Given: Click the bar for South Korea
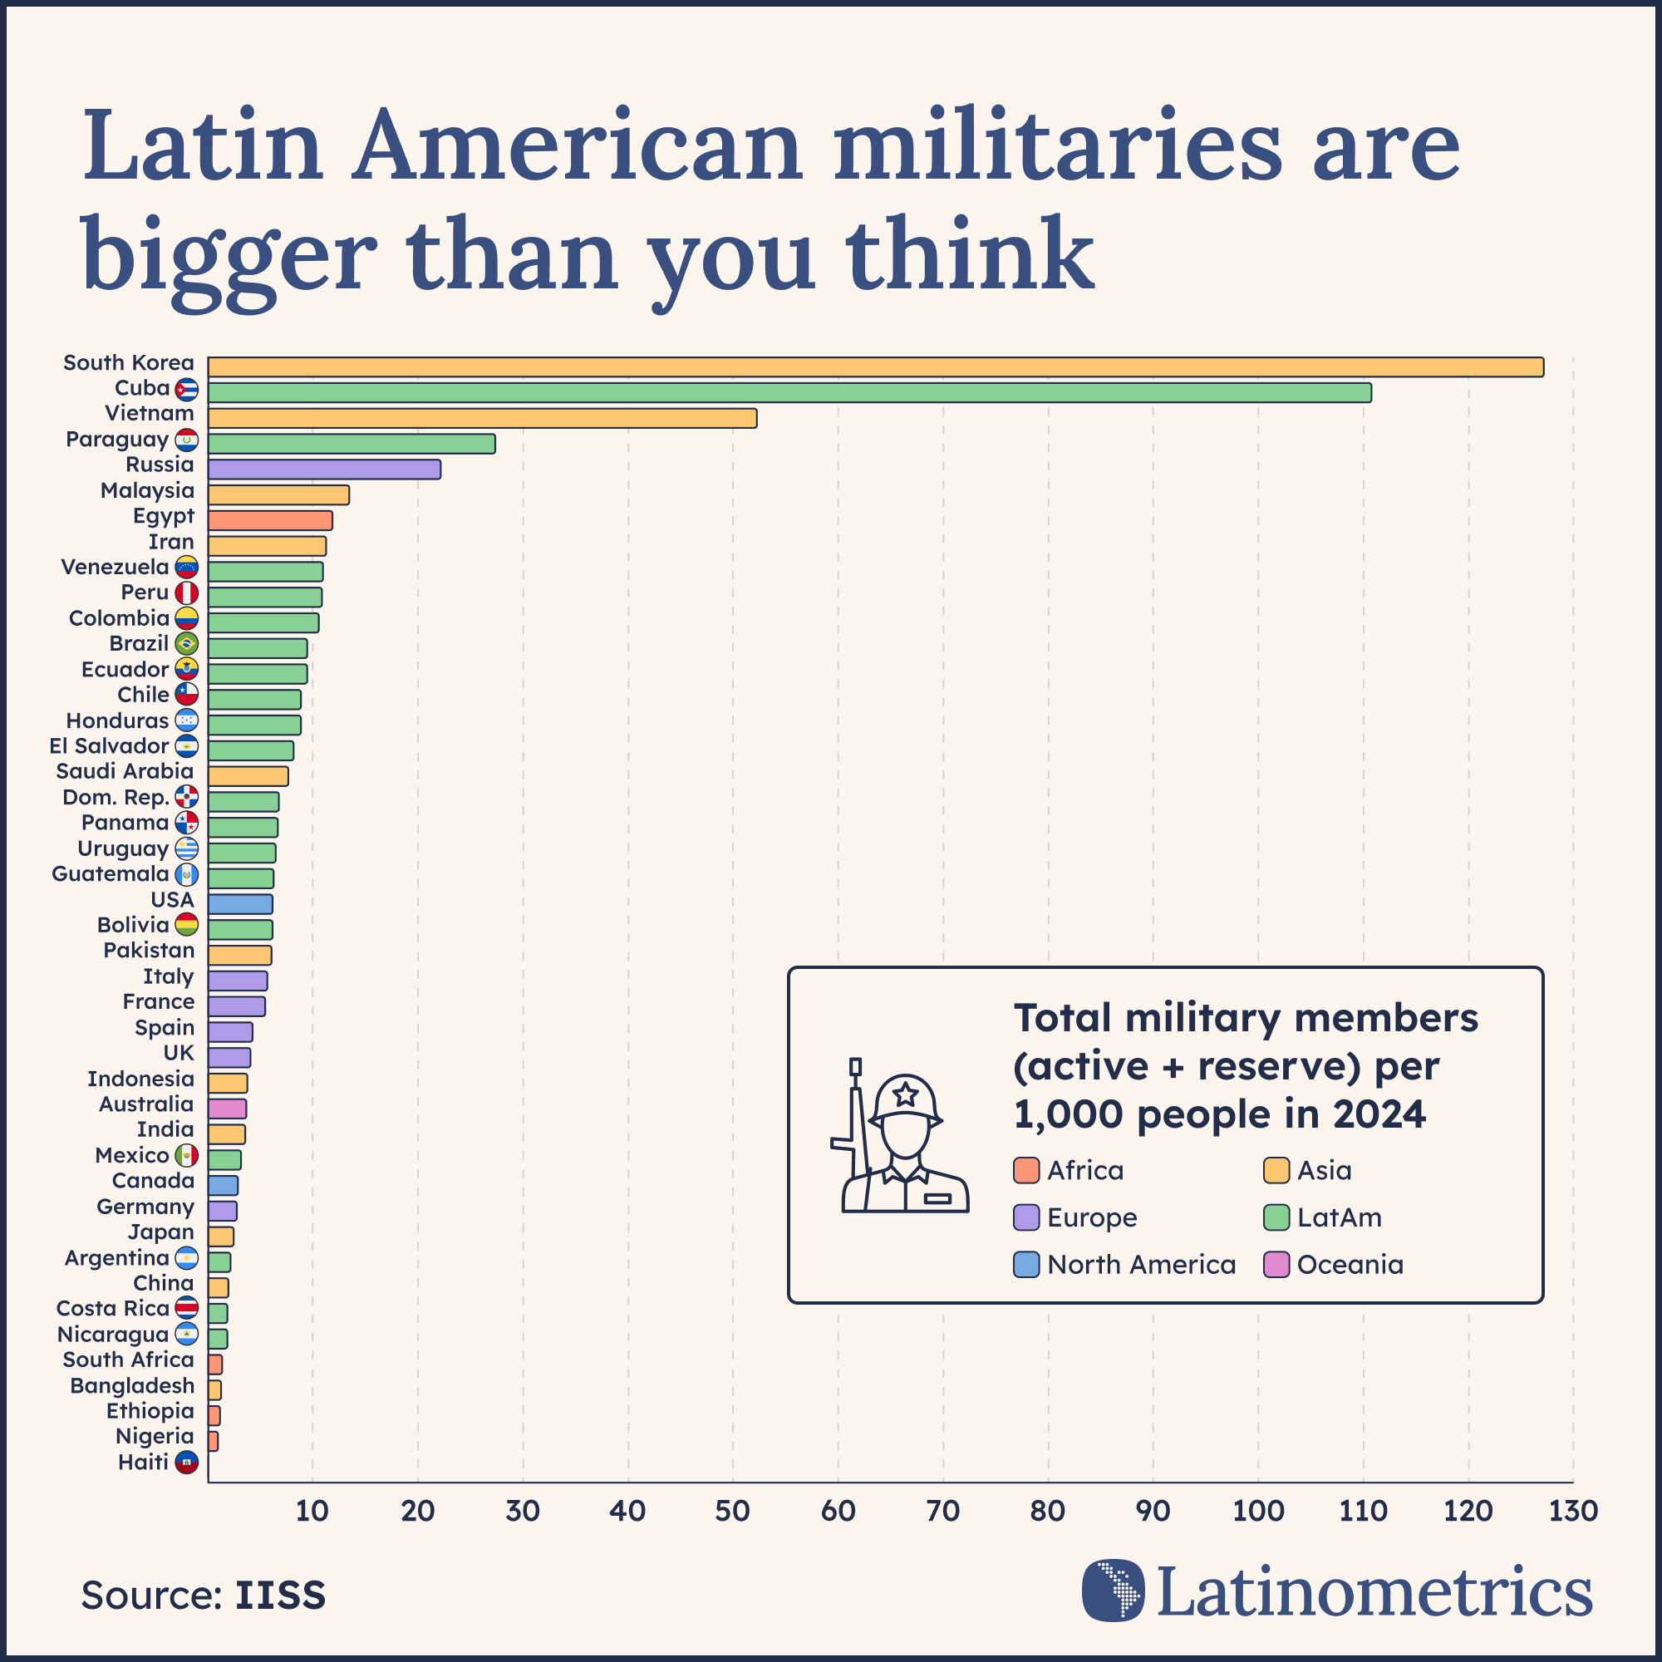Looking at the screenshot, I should coord(875,366).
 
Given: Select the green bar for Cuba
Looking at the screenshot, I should coord(789,392).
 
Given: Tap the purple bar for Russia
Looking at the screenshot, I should coord(323,469).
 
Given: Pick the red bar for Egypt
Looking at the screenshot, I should coord(269,520).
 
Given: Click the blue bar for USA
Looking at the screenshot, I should coord(240,904).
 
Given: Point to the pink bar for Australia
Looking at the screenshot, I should coord(227,1108).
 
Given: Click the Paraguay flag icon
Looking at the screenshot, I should coord(187,440).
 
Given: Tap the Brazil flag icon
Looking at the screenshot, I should coord(187,643).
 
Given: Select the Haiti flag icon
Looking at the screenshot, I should coord(187,1463).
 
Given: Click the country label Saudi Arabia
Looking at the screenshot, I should coord(125,772).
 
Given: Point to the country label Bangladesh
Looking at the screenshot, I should coord(132,1386).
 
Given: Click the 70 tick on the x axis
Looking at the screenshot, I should coord(943,1512).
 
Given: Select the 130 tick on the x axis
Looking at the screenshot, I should coord(1572,1512).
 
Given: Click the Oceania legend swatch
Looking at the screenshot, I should coord(1276,1266).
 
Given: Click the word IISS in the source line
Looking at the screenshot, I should coord(280,1596).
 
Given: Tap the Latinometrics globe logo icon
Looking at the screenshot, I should coord(1114,1591).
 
